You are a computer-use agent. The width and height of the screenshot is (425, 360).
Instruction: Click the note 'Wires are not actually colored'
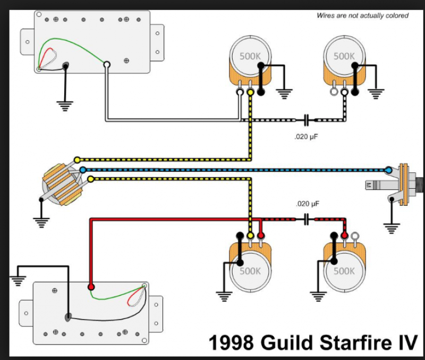click(x=363, y=16)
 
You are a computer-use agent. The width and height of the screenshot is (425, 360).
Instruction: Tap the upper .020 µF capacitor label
click(x=307, y=137)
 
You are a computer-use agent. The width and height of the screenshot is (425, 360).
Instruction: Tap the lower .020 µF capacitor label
click(x=307, y=204)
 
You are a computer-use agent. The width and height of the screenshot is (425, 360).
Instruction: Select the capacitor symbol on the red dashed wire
click(x=306, y=219)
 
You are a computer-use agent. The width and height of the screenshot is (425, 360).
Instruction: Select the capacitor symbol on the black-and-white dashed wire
click(x=306, y=120)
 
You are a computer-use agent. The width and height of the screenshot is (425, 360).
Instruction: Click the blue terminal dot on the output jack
click(x=388, y=170)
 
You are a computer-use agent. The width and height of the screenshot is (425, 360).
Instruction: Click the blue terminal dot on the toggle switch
click(x=82, y=170)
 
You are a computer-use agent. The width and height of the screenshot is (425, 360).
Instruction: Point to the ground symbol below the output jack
click(x=392, y=229)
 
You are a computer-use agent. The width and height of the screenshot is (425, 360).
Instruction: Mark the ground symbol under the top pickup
click(x=65, y=106)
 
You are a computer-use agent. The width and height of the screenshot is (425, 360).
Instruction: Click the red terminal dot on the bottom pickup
click(x=91, y=287)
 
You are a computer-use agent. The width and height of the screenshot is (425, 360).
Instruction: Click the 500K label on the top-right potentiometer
click(x=344, y=56)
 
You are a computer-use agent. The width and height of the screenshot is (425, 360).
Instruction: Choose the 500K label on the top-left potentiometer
click(x=250, y=56)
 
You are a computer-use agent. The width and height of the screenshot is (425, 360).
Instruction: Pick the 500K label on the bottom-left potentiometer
click(x=250, y=271)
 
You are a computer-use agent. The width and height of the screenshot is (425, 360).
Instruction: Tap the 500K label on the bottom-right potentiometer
click(x=344, y=271)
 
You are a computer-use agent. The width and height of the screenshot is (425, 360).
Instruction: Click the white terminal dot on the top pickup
click(x=107, y=65)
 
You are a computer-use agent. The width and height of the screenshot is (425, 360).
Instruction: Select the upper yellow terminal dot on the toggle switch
click(x=77, y=160)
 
